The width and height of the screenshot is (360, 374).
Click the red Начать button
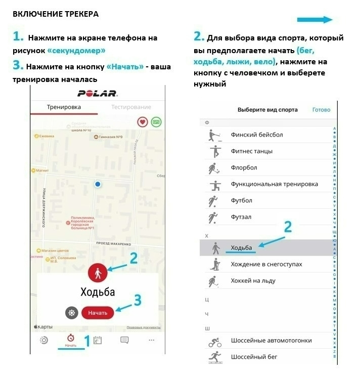pos(98,313)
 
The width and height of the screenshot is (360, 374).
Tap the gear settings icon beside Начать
pos(72,313)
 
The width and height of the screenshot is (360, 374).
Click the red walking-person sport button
pos(97,273)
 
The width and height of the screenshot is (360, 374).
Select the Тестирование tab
pos(131,107)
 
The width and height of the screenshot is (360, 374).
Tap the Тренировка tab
pos(64,107)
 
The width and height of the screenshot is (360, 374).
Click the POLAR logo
pos(98,93)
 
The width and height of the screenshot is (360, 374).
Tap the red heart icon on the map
pos(143,122)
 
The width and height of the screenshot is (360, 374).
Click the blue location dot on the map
pos(98,184)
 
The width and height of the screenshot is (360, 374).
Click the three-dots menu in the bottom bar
pos(151,340)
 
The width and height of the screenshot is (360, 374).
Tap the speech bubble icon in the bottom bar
pos(124,340)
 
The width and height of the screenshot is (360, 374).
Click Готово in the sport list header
pos(321,110)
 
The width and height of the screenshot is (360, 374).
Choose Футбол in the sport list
pos(241,200)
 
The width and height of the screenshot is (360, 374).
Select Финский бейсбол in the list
pos(256,135)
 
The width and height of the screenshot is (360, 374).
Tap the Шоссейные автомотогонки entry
pos(271,341)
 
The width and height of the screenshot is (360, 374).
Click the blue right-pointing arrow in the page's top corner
pos(314,20)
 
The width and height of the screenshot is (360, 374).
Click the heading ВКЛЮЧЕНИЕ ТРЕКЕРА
pos(56,14)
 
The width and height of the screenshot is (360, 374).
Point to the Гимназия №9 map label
pos(112,137)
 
